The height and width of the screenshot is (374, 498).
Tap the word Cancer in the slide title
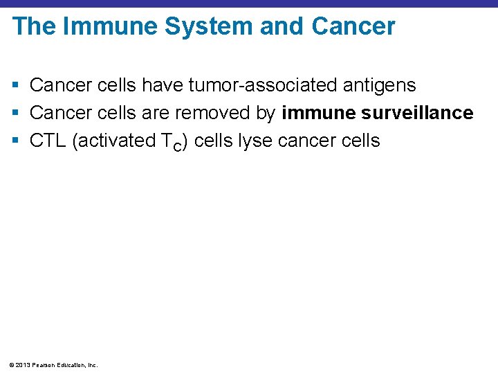click(x=353, y=27)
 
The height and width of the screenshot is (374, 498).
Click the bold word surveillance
click(x=418, y=113)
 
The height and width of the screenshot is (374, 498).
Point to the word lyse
click(x=255, y=141)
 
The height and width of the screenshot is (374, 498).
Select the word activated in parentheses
click(x=117, y=141)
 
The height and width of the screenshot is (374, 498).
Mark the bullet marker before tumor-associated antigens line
click(x=16, y=86)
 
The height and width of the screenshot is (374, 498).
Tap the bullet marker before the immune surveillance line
click(x=16, y=113)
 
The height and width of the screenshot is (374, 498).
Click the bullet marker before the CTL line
click(x=16, y=141)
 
